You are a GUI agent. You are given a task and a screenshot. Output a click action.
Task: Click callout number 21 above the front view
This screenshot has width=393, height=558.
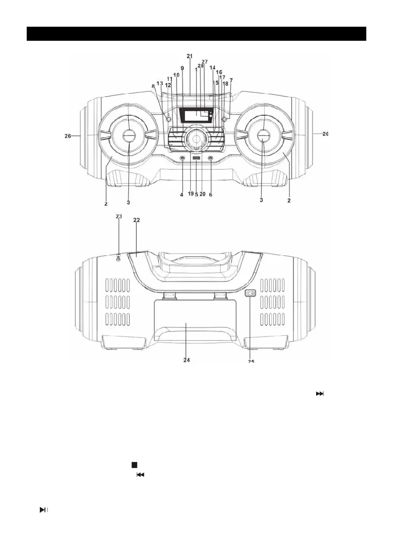[x=189, y=56]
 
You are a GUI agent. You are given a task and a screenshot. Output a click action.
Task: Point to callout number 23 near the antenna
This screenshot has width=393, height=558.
[x=119, y=216]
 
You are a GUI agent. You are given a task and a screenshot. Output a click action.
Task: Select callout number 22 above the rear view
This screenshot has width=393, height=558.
[x=136, y=219]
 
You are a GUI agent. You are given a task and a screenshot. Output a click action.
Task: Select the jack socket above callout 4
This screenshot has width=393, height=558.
[x=182, y=159]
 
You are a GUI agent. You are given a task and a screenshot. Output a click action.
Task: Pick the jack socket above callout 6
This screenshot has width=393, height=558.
[x=210, y=159]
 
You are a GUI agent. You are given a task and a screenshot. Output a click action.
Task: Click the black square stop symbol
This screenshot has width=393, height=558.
[x=133, y=464]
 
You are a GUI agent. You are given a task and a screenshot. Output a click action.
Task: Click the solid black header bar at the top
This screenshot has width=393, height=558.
[x=196, y=34]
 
